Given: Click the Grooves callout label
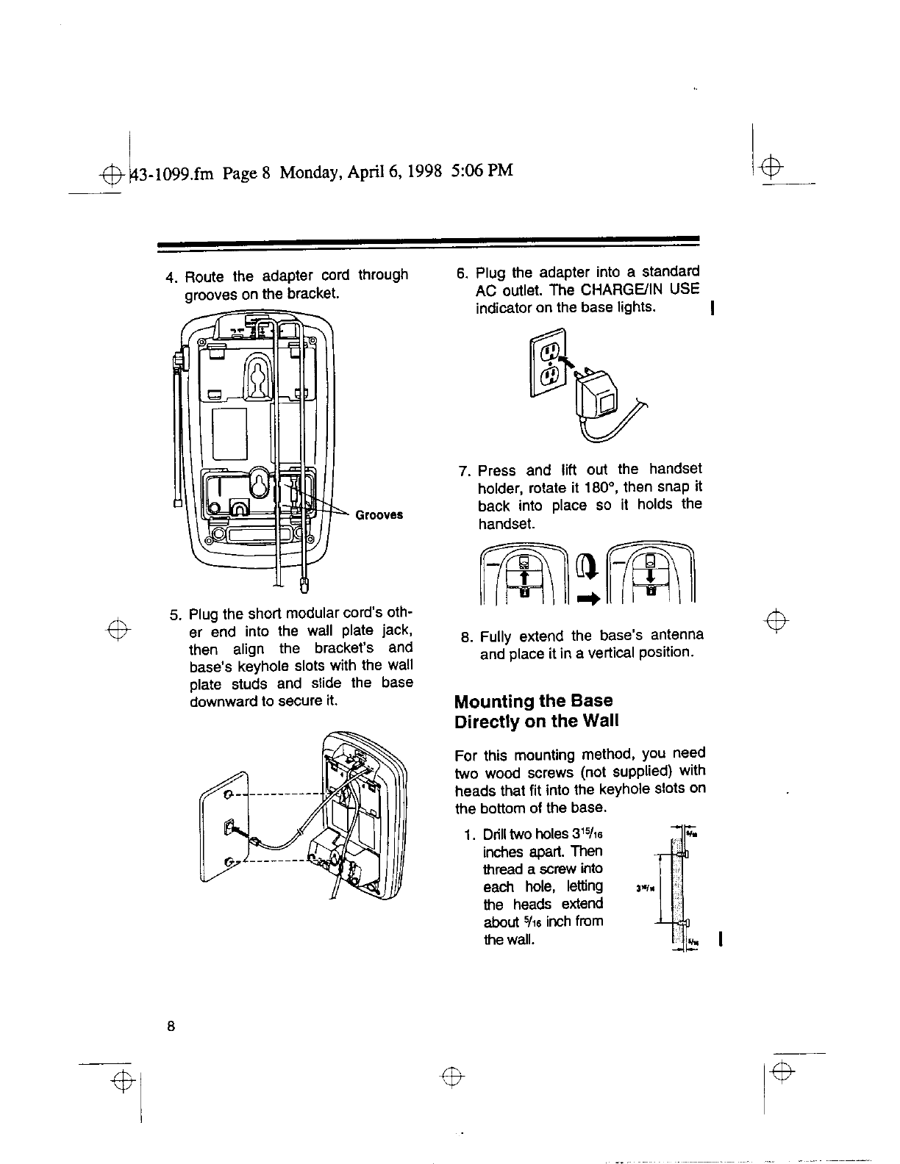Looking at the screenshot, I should pos(379,515).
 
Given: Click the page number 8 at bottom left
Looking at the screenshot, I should pos(170,1027).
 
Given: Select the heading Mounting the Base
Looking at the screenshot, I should pos(533,700).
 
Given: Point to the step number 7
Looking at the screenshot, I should pos(464,470).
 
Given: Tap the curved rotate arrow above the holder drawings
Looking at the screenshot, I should pos(586,567).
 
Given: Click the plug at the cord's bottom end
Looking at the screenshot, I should pos(305,585).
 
